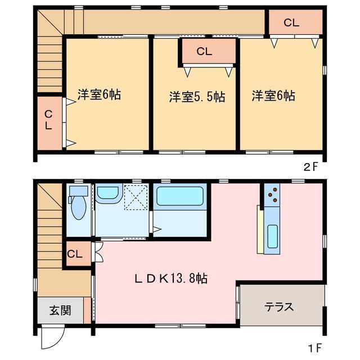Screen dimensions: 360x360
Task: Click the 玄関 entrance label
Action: coord(60,310)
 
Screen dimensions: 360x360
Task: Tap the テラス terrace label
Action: coord(280,307)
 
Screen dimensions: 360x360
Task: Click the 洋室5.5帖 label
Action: coord(197,97)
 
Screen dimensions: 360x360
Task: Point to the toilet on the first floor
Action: coord(77,205)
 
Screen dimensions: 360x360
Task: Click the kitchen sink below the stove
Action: coord(272,235)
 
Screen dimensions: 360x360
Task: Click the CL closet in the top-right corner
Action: coord(291,23)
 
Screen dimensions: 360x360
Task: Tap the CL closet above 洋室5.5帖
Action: coord(204,52)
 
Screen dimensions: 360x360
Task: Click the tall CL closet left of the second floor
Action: coord(49,120)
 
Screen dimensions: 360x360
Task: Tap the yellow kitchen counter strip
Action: coord(260,229)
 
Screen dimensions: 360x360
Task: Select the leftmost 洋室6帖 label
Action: coord(98,94)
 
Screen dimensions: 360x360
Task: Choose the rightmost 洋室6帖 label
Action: coord(273,96)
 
